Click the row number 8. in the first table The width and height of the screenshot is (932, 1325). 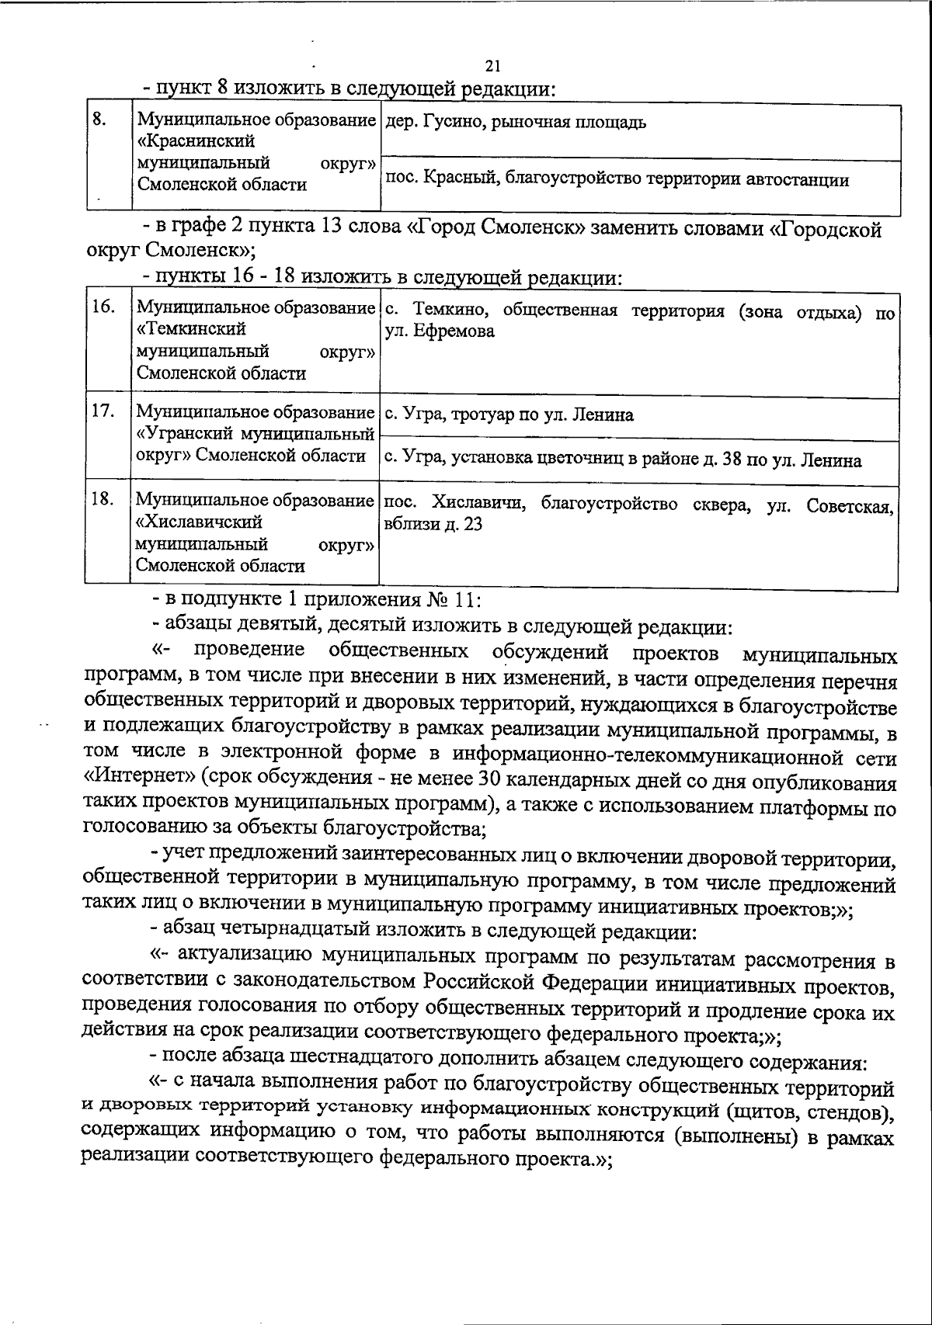click(99, 119)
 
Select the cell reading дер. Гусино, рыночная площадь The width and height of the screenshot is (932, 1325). click(516, 123)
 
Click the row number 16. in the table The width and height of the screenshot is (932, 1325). click(103, 307)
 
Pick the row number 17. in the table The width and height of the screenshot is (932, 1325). click(103, 411)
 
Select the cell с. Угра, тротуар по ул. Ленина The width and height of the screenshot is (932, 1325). click(509, 415)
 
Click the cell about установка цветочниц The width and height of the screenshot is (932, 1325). click(623, 460)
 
